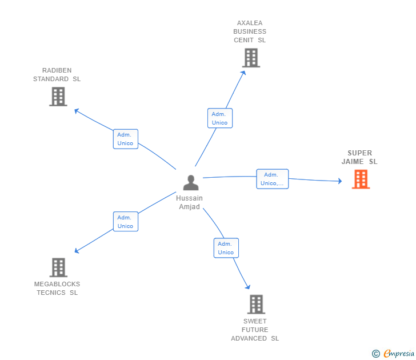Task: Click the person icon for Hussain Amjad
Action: coord(190,183)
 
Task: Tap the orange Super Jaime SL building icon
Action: coord(361,179)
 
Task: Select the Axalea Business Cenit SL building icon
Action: coord(250,58)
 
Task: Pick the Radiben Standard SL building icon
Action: coord(58,97)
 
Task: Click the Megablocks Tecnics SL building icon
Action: coord(58,267)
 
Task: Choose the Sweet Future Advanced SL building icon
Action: coord(256,304)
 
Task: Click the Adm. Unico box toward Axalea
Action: coord(219,118)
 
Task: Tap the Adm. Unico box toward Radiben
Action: coord(125,139)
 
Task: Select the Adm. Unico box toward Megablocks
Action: coord(125,222)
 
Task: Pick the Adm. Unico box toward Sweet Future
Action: coord(226,248)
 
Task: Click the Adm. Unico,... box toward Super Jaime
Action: coord(272,179)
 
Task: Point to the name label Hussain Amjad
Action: coord(190,202)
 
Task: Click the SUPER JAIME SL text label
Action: coord(359,157)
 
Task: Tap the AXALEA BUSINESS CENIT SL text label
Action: coord(250,31)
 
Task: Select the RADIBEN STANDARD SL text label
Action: coord(57,74)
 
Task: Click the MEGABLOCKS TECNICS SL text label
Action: coord(57,289)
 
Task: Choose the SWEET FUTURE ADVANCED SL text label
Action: coord(255,330)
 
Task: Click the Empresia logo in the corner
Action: coord(398,354)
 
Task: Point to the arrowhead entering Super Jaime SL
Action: coord(339,182)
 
